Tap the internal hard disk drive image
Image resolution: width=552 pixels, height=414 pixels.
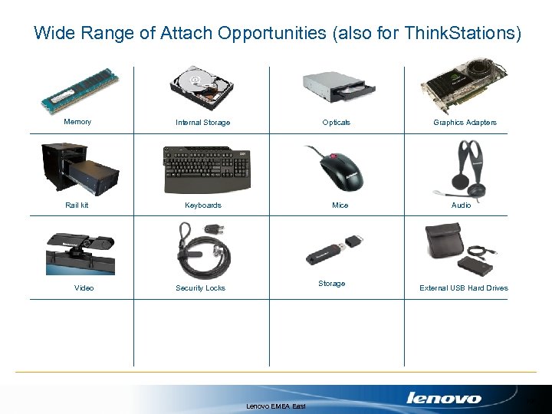tap(202, 89)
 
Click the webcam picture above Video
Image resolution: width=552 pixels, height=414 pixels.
tap(80, 249)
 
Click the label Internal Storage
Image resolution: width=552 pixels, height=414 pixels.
tap(202, 123)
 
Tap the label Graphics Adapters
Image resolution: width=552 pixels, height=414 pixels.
tap(465, 123)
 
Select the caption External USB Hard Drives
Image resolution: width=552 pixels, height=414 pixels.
tap(463, 288)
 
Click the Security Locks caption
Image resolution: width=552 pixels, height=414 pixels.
tap(200, 288)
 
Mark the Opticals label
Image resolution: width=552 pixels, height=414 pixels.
tap(336, 123)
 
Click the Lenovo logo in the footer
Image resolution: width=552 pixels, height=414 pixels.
tap(443, 398)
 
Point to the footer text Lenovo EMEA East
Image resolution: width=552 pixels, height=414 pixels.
tap(276, 406)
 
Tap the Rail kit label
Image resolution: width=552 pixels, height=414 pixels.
tap(77, 205)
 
